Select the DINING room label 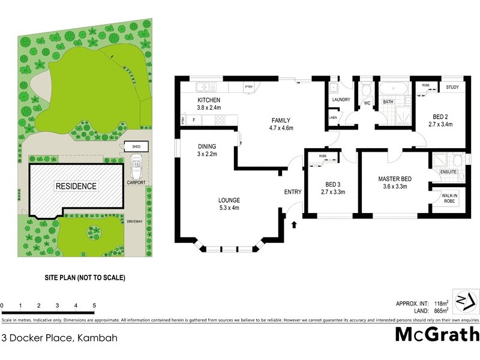[x=207, y=146]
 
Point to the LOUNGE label [x=229, y=200]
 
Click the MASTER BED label [x=394, y=179]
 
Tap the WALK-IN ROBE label [x=450, y=198]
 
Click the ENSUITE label [x=448, y=172]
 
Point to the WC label [x=367, y=103]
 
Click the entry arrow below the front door [x=294, y=225]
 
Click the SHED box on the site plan [x=132, y=146]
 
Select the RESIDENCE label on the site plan [x=76, y=186]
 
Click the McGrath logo [x=437, y=334]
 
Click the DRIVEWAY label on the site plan [x=134, y=222]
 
